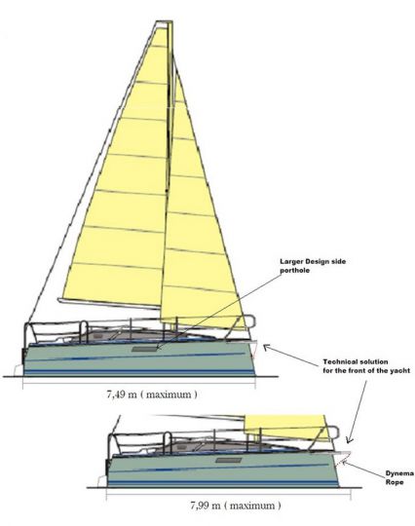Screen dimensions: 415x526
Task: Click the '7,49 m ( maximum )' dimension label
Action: [152, 394]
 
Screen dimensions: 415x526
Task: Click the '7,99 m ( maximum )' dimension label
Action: [236, 506]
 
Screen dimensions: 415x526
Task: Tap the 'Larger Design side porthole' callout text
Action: [313, 266]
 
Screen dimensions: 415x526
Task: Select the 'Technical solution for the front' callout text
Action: [366, 366]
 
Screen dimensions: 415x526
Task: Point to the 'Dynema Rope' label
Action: [399, 477]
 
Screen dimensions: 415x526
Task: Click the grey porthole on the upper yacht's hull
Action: [144, 350]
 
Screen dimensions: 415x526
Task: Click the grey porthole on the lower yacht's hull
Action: [229, 460]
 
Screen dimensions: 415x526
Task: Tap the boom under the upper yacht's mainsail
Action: [109, 303]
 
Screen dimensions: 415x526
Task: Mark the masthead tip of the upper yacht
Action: [165, 22]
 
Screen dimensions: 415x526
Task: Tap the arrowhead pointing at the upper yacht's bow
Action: [266, 348]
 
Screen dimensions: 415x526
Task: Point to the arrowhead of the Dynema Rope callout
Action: [345, 464]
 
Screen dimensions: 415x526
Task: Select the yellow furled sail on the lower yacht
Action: [285, 427]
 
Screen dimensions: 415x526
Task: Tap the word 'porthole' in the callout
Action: [295, 271]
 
